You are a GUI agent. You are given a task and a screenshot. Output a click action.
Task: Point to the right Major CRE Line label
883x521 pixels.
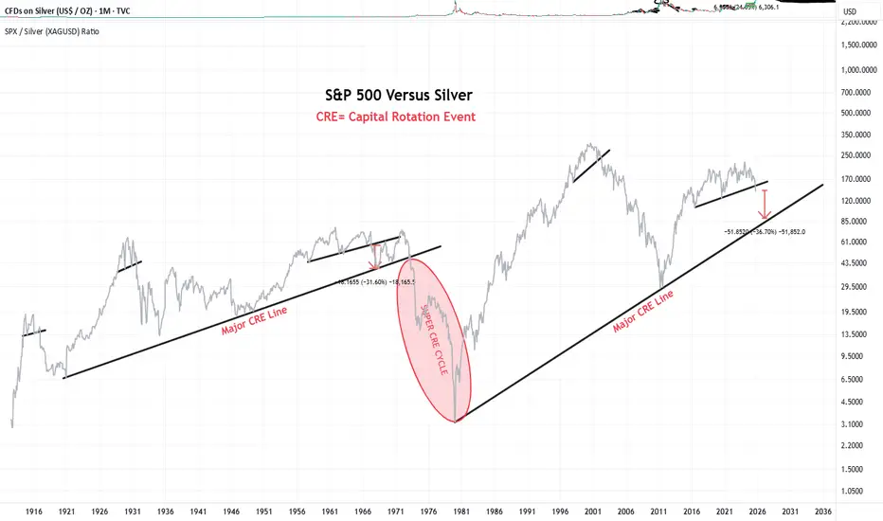643,312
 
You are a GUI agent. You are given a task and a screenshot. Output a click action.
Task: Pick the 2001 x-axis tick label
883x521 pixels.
593,509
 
